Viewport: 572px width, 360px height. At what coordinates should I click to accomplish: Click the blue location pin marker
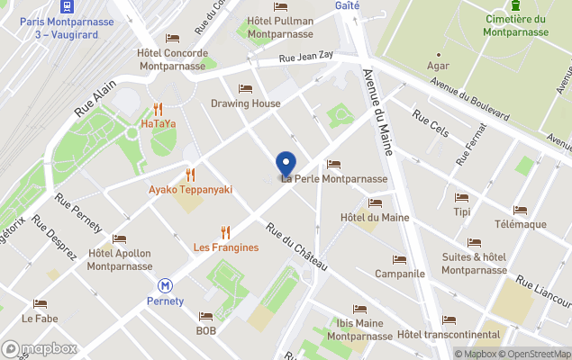286,165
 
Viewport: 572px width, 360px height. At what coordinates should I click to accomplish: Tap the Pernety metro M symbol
165,285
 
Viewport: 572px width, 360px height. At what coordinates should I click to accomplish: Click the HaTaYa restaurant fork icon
158,108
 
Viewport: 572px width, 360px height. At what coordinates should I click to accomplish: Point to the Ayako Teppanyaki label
190,190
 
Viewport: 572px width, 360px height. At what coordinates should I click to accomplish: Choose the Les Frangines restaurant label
226,247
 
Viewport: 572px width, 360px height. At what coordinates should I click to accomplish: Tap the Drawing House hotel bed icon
245,88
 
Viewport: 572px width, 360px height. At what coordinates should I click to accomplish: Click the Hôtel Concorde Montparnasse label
172,59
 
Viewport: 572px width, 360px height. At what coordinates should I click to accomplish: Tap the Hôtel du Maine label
375,217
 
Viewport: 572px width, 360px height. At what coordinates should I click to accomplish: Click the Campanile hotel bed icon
399,258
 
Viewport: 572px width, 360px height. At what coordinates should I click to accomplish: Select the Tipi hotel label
462,212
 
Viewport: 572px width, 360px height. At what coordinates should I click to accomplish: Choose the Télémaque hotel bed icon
521,210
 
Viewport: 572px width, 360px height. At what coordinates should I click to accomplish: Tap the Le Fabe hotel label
40,319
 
